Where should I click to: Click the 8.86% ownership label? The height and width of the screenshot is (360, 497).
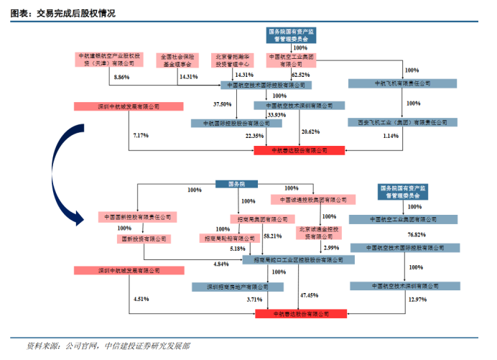(x=121, y=76)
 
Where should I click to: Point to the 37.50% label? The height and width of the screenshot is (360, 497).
(x=222, y=104)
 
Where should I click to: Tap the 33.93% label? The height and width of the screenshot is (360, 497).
(x=276, y=114)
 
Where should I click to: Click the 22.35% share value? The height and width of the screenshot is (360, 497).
(x=254, y=135)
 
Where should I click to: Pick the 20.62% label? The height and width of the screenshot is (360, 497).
(x=310, y=131)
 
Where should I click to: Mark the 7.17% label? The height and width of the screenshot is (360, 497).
(x=141, y=135)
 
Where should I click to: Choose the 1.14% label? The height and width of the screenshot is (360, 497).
(x=391, y=136)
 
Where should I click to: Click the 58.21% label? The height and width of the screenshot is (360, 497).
(x=272, y=235)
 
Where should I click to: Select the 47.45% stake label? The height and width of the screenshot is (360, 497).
(x=310, y=295)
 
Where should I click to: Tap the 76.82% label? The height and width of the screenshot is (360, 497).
(x=417, y=235)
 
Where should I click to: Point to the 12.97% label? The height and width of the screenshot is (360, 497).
(x=417, y=298)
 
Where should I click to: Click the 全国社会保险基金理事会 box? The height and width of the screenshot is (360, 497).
(x=177, y=59)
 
